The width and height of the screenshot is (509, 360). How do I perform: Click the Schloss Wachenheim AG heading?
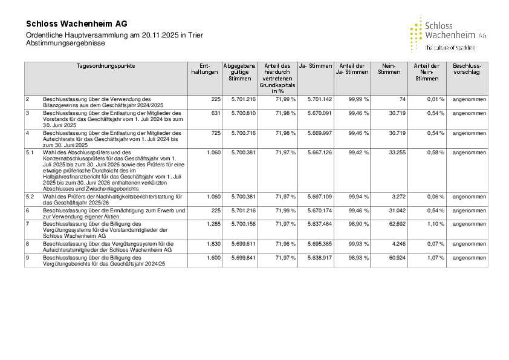coord(77,24)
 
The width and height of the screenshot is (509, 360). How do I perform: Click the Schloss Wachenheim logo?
coord(448,34)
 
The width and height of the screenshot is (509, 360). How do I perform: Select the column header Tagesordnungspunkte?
coord(106,65)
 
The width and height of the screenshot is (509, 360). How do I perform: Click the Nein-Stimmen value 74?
coord(402,99)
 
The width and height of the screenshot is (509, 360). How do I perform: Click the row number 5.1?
coord(30,152)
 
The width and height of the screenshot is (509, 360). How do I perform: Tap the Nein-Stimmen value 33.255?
coord(394,152)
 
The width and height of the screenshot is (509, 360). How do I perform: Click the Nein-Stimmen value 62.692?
coord(394,223)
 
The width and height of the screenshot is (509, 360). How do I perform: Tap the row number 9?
coord(27,257)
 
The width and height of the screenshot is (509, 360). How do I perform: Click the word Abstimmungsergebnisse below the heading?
coord(61,44)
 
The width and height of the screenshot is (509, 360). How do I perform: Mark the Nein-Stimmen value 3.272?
coord(397,197)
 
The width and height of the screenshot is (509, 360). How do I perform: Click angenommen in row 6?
coord(469,210)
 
